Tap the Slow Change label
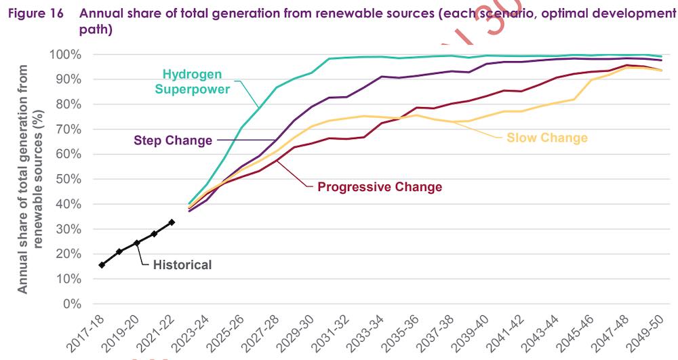[547, 138]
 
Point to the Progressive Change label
[380, 186]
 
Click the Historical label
[182, 265]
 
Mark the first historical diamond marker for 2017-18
[102, 265]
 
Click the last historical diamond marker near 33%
[172, 222]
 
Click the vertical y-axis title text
[31, 179]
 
